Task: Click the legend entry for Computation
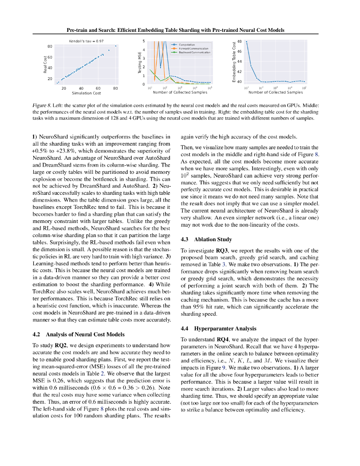tap(186, 45)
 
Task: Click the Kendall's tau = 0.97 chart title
tap(86, 41)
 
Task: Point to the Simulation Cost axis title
tap(86, 93)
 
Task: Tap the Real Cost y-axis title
tap(45, 64)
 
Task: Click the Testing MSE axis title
tap(140, 63)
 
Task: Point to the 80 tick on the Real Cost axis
tap(50, 46)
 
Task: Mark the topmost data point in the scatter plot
tap(116, 46)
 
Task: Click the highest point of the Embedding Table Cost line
tap(247, 42)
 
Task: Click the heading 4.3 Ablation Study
tap(206, 239)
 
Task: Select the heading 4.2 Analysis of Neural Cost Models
tap(79, 334)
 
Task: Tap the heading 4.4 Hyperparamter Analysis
tap(218, 328)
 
